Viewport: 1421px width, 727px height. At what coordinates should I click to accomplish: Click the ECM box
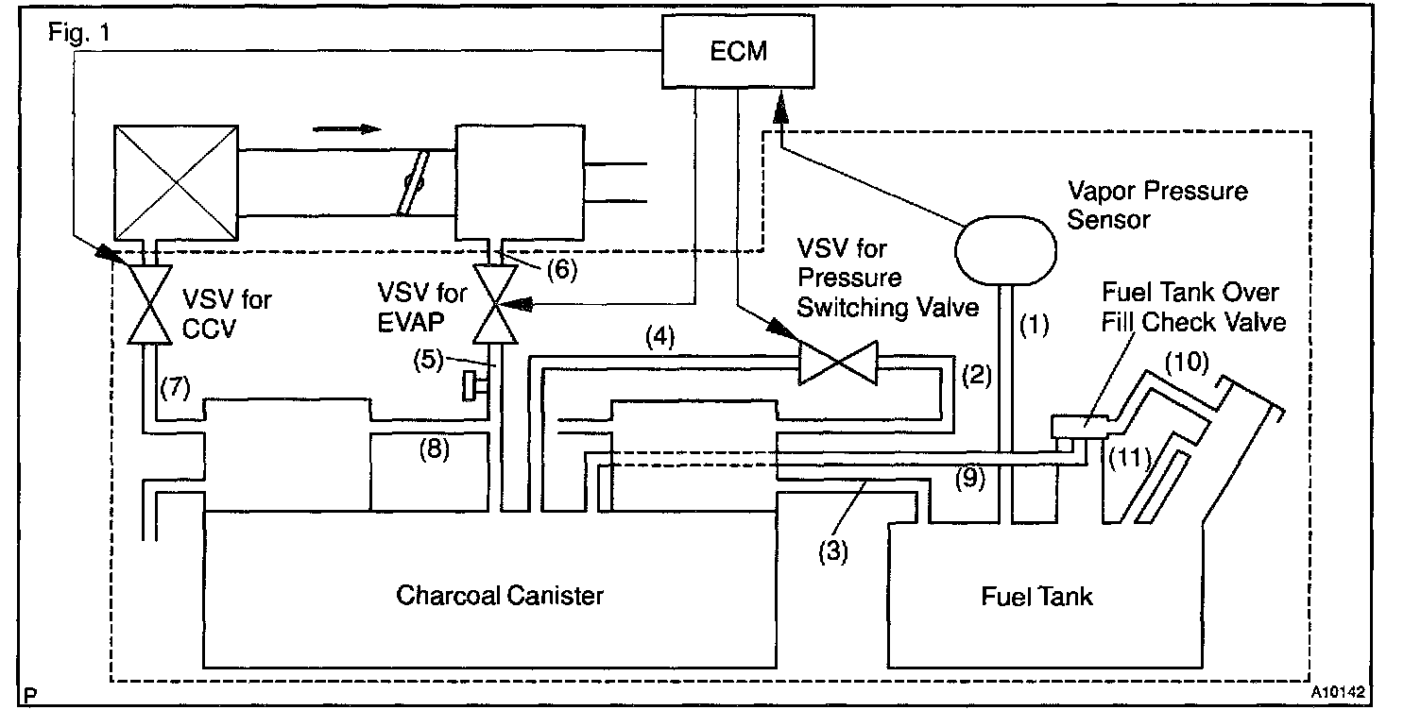[x=738, y=53]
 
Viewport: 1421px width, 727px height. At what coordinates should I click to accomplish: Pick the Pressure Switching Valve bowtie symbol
[x=838, y=363]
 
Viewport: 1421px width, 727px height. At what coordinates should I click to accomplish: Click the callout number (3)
[x=833, y=550]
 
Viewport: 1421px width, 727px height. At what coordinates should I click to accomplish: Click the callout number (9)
[x=969, y=479]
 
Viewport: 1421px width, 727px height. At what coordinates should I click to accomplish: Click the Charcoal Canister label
[x=500, y=596]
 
